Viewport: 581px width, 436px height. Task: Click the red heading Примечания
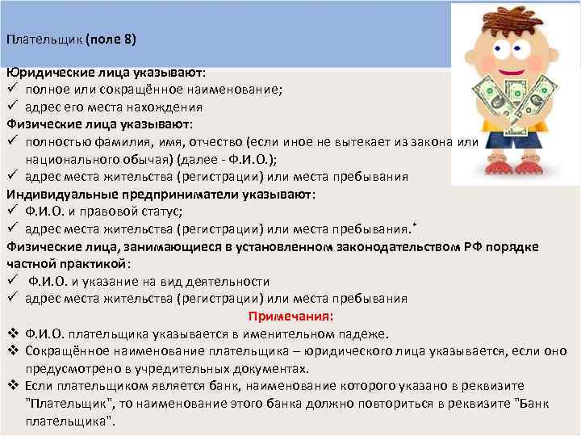tap(291, 316)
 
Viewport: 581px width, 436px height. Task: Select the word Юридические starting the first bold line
tap(47, 71)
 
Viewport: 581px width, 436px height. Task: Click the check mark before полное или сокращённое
tap(12, 89)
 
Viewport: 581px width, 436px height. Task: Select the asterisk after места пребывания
tap(414, 224)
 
